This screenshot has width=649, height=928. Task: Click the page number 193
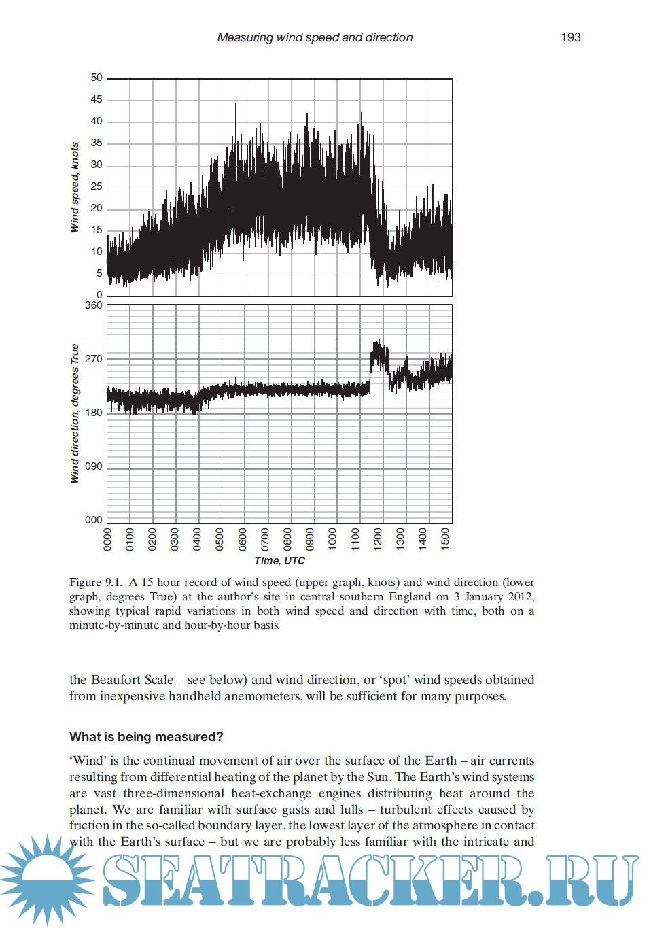570,37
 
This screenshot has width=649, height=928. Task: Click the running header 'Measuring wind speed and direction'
315,37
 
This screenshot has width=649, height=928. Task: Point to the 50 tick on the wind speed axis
97,78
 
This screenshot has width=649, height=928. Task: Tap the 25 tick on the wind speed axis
97,186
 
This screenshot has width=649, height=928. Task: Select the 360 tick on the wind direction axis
94,305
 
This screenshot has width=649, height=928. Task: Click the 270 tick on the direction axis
94,359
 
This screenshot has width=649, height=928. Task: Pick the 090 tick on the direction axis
94,466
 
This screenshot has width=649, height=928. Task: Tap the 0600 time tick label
243,538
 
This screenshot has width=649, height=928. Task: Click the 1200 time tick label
378,538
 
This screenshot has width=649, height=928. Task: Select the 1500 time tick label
445,538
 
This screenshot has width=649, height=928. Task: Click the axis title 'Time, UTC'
279,561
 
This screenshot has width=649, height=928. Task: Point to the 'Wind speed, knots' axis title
75,187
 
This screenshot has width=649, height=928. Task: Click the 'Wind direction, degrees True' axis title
75,413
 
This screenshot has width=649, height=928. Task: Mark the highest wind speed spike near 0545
236,105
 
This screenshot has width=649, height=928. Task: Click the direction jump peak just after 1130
378,342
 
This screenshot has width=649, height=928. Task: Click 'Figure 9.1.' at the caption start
96,583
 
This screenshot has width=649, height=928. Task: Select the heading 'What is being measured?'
146,737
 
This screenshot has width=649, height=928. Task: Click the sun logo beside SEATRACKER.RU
46,880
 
